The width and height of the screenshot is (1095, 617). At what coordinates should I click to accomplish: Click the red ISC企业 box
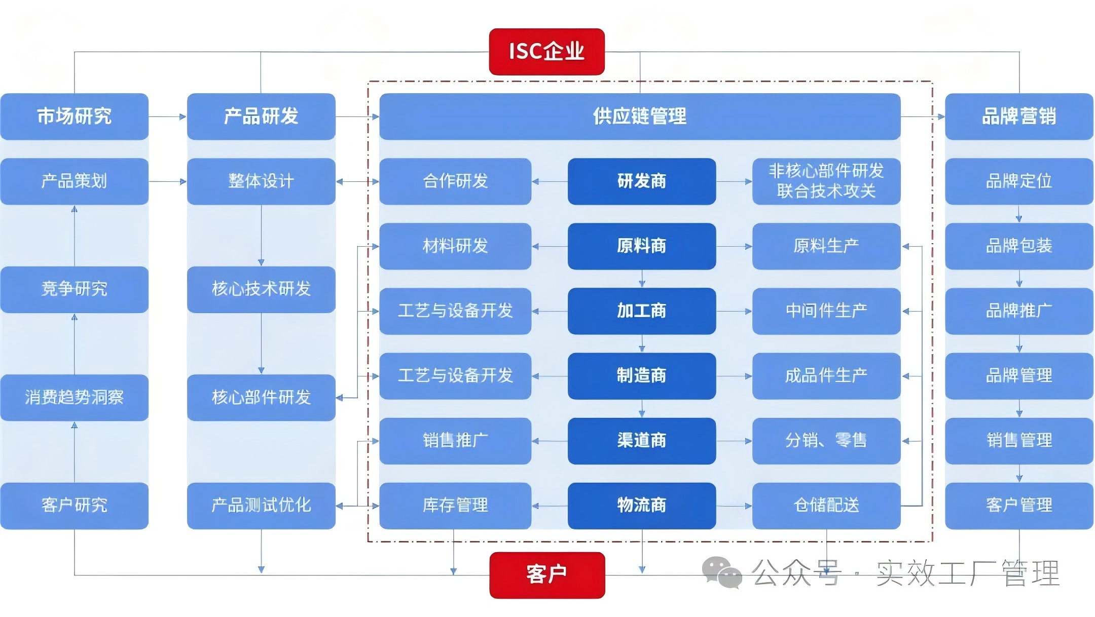[546, 52]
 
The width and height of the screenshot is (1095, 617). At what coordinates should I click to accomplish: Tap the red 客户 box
[547, 575]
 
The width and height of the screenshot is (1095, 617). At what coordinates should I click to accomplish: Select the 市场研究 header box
[75, 117]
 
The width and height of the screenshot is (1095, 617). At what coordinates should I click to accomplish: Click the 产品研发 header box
[261, 117]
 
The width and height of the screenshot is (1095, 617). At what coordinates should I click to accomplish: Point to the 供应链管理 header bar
[640, 117]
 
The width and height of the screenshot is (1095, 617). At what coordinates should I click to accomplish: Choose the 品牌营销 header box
[1019, 117]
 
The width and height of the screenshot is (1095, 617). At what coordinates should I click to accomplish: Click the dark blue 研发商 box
[642, 181]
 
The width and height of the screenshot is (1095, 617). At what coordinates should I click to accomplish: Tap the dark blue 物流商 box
[642, 506]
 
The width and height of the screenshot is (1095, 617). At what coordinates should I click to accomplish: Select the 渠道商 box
[642, 441]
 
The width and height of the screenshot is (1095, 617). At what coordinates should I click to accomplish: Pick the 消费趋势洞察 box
[75, 398]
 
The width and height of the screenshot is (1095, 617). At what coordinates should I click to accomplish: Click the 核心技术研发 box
[261, 289]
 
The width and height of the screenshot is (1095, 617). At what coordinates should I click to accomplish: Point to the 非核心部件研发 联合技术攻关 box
[826, 181]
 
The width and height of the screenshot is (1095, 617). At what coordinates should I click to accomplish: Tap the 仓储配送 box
[826, 506]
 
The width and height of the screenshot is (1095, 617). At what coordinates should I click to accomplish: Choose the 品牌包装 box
[1019, 246]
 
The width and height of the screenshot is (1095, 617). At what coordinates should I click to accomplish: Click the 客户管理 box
[1019, 506]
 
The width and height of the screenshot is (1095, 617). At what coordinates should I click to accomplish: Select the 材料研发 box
[455, 246]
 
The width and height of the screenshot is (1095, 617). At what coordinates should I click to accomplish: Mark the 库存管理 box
[455, 506]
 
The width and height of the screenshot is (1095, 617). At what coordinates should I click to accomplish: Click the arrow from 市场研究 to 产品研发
[168, 117]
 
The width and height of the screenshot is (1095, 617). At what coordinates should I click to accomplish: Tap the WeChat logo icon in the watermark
[722, 573]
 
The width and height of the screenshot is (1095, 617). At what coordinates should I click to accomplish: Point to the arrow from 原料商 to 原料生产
[734, 247]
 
